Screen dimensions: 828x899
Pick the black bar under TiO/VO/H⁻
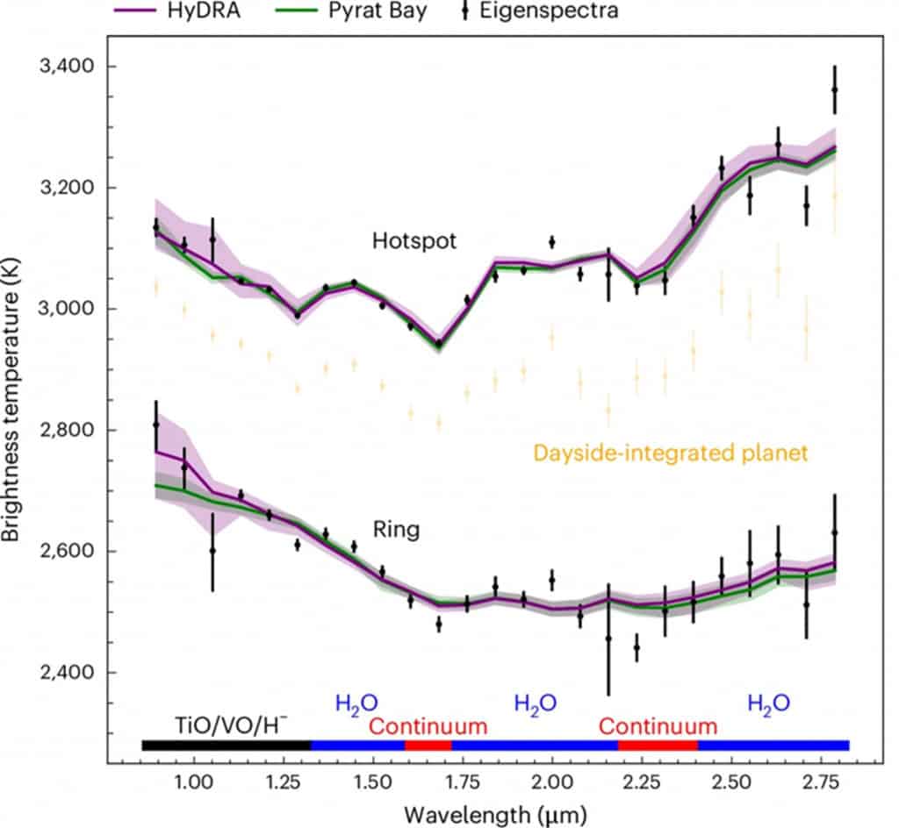click(226, 746)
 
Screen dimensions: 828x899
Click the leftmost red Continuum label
click(428, 726)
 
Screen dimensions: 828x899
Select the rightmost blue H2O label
click(768, 702)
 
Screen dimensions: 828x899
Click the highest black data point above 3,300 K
click(834, 89)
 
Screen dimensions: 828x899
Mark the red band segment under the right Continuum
click(658, 746)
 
